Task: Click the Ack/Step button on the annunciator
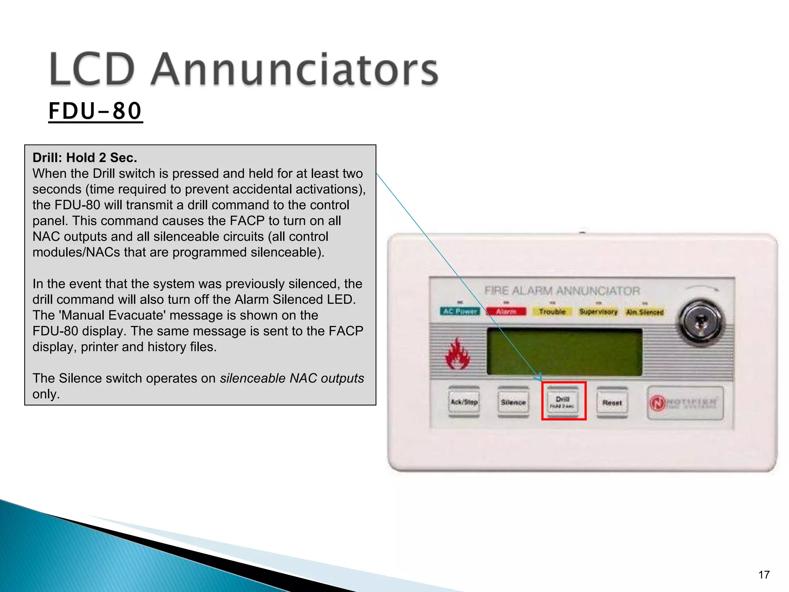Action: click(x=464, y=402)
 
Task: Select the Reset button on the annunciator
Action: click(x=612, y=403)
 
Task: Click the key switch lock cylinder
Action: click(x=701, y=323)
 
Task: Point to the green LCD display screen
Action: click(x=564, y=351)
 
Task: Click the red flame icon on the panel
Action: click(x=457, y=354)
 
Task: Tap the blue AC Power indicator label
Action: click(x=460, y=311)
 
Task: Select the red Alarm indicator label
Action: click(x=506, y=311)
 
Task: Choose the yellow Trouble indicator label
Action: click(x=552, y=311)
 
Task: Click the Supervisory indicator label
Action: click(x=598, y=311)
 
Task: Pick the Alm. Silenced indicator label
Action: click(x=645, y=312)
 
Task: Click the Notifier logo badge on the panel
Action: click(x=685, y=403)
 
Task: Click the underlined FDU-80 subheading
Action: click(x=95, y=111)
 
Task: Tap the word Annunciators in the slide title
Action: click(x=294, y=70)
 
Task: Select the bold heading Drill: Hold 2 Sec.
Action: click(x=85, y=158)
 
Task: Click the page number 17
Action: click(x=764, y=575)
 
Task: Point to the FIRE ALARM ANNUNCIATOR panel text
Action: click(x=562, y=291)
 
